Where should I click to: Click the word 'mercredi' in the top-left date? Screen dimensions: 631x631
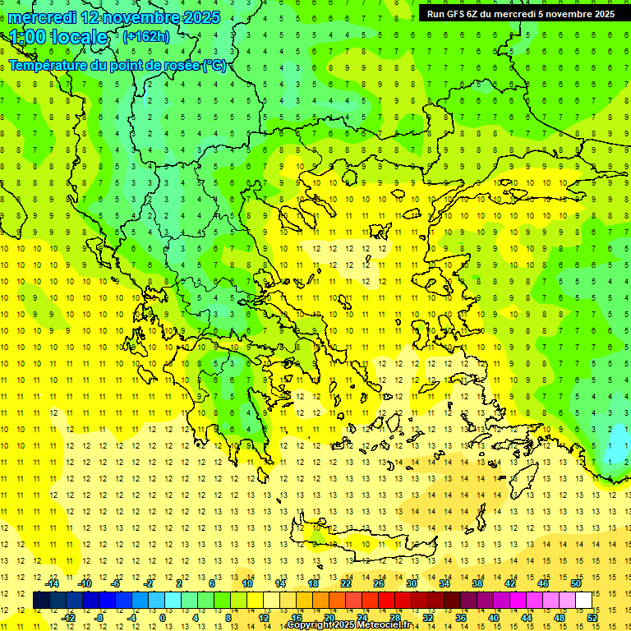coord(42,17)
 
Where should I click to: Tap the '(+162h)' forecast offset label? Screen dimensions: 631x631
coord(146,36)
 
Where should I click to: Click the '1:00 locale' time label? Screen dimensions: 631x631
coord(58,37)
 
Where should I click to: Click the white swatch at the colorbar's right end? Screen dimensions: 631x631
coord(583,601)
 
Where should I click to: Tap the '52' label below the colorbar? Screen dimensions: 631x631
coord(592,618)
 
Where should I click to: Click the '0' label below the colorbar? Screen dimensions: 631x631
coord(164,618)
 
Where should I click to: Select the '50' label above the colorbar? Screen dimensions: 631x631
coord(576,583)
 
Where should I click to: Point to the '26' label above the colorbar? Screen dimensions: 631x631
coord(379,583)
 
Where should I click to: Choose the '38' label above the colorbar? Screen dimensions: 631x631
coord(477,583)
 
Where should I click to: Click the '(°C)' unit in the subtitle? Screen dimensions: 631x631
coord(214,65)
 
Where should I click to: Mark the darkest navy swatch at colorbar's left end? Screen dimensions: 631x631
coord(41,601)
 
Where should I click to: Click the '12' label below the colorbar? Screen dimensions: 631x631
coord(264,618)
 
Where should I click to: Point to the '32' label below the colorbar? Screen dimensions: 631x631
coord(428,618)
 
